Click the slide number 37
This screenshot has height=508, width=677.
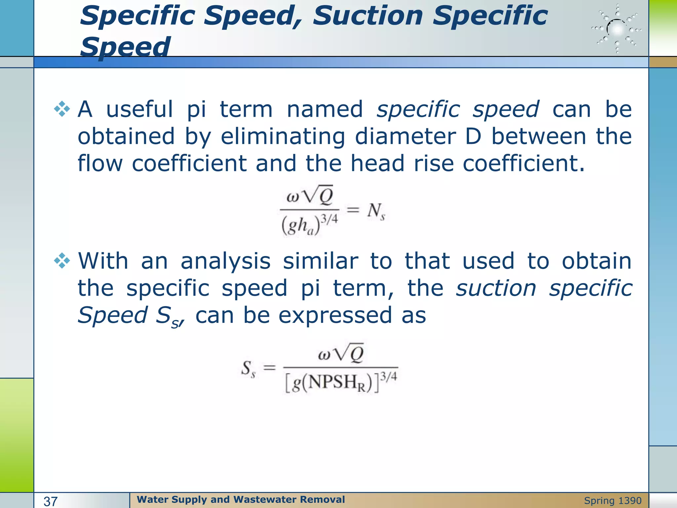pyautogui.click(x=51, y=501)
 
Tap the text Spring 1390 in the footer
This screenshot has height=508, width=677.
pyautogui.click(x=613, y=501)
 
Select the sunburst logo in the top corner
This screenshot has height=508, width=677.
pyautogui.click(x=617, y=29)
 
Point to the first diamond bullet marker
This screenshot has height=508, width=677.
pyautogui.click(x=62, y=109)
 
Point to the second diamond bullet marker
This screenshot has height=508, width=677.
pyautogui.click(x=62, y=261)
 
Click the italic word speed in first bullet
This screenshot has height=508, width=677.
pyautogui.click(x=505, y=109)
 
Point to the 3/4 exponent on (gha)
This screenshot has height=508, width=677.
pyautogui.click(x=330, y=219)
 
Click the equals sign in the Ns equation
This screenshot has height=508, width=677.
pyautogui.click(x=353, y=210)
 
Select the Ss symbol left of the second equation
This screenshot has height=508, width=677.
pyautogui.click(x=248, y=368)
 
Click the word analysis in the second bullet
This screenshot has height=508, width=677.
pyautogui.click(x=225, y=261)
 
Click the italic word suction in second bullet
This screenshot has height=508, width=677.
pyautogui.click(x=496, y=288)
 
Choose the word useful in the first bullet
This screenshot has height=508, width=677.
pyautogui.click(x=139, y=109)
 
